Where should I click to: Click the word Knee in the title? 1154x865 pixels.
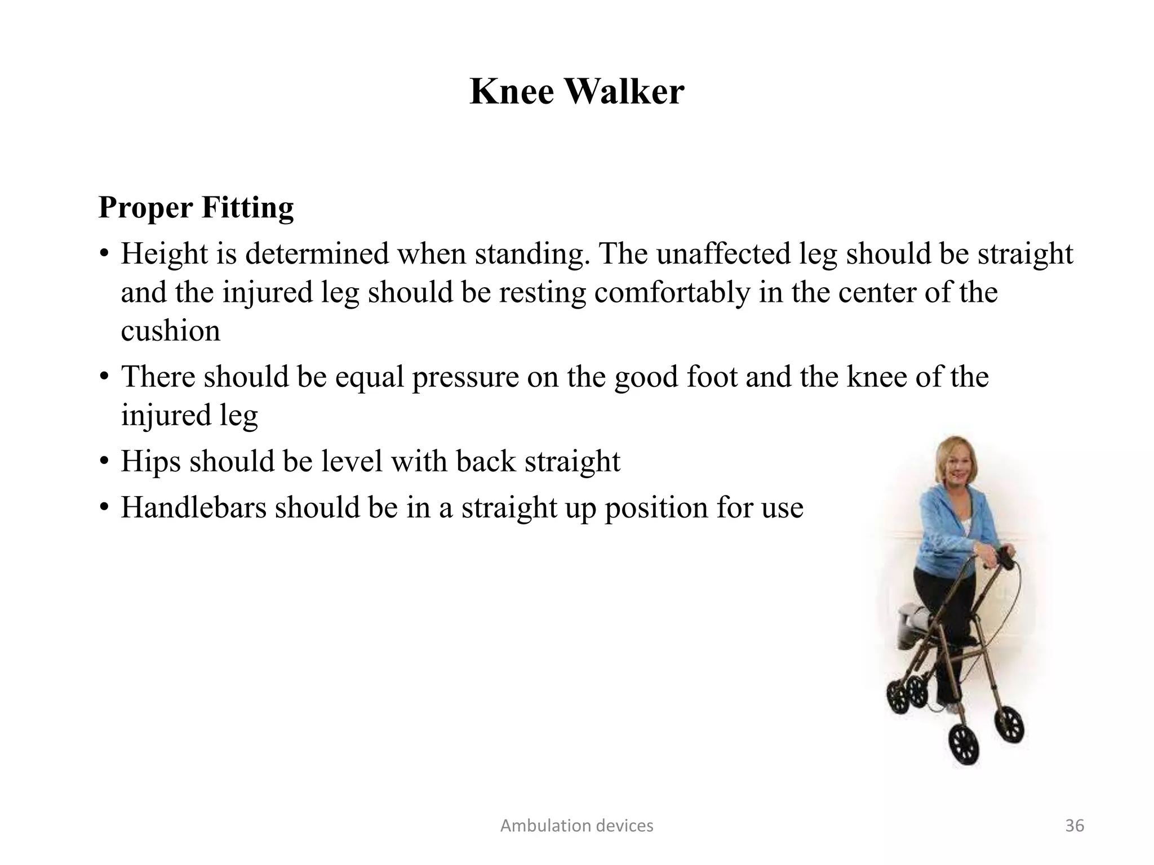point(512,91)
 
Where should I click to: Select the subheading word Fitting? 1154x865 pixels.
point(247,208)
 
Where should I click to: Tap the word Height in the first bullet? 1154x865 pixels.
point(164,254)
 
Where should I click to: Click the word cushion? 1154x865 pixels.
point(170,331)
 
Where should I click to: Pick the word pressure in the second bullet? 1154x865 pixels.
point(465,377)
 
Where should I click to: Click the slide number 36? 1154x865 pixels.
point(1075,826)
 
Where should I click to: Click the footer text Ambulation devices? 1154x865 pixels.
point(576,826)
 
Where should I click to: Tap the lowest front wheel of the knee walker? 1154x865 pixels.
point(964,744)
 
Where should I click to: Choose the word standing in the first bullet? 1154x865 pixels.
point(532,254)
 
